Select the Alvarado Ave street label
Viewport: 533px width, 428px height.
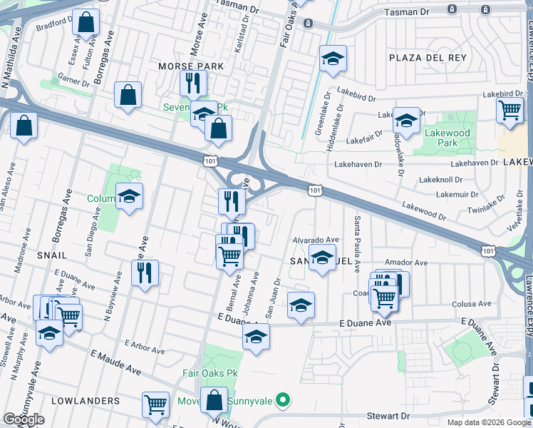coord(316,240)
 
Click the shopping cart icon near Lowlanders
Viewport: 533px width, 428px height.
coord(155,404)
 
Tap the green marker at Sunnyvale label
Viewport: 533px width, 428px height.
coord(282,399)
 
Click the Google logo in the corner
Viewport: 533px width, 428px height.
coord(24,419)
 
